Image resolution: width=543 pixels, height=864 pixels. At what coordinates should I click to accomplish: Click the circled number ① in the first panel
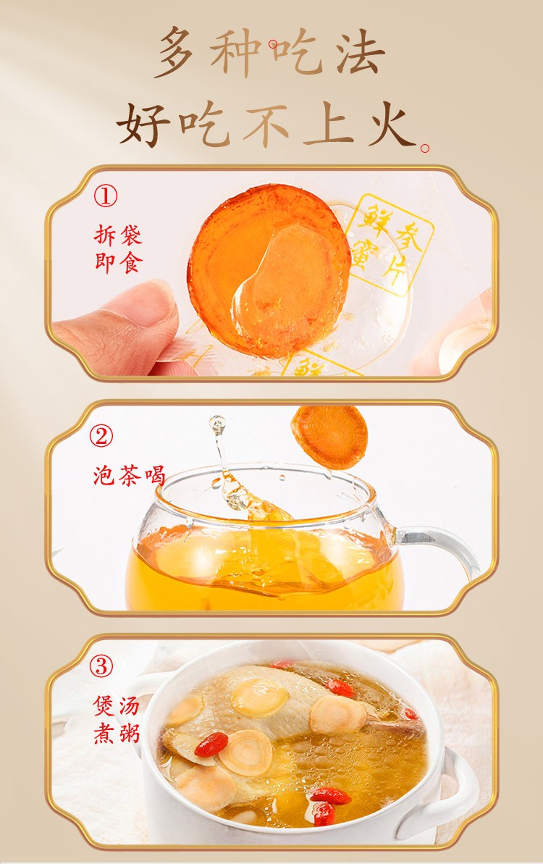[x=105, y=195]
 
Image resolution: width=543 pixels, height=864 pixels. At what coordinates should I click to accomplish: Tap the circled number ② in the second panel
[x=101, y=437]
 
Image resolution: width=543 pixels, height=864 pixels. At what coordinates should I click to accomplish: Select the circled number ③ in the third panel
[x=101, y=667]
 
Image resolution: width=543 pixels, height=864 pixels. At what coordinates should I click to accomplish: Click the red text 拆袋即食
[x=119, y=249]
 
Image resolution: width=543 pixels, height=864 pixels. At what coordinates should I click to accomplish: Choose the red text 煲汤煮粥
[x=117, y=719]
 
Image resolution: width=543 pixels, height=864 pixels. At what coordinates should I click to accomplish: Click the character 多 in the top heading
[x=177, y=51]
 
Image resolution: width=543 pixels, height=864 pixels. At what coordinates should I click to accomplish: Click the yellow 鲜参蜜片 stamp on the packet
[x=390, y=243]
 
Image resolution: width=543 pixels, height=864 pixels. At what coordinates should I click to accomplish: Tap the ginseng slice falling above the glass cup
[x=329, y=437]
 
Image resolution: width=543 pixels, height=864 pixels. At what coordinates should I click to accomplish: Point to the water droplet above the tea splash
[x=217, y=424]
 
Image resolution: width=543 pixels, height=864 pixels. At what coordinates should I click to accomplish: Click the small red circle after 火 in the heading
[x=424, y=148]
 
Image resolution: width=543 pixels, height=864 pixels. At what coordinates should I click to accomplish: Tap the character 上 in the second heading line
[x=329, y=124]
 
